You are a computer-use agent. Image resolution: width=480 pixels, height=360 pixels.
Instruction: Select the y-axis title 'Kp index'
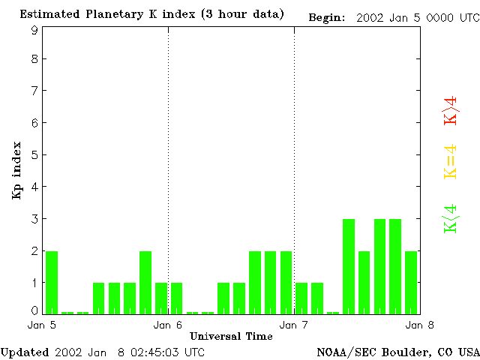[16, 170]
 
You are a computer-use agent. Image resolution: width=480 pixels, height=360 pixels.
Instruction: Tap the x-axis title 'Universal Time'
[231, 336]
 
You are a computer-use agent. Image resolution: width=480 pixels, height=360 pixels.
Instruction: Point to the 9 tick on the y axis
[34, 30]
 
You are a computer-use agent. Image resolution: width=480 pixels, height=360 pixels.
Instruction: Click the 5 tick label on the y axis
[34, 155]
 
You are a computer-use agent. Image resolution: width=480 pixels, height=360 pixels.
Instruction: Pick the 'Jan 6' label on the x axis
[168, 325]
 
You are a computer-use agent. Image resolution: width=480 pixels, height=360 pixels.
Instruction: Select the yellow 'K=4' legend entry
[451, 162]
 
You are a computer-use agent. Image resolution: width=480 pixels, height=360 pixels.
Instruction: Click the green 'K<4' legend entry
[451, 219]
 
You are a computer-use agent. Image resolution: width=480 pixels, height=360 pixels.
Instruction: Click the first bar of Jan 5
[52, 282]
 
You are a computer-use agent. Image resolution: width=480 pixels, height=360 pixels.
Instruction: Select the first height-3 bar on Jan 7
[349, 266]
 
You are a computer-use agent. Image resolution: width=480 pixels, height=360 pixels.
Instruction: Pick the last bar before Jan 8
[411, 282]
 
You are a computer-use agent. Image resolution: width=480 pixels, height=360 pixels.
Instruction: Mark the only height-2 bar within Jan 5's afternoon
[145, 282]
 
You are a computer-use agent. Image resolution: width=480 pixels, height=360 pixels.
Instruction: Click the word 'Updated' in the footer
[25, 352]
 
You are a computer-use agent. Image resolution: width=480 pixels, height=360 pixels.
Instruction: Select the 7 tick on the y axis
[34, 91]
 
